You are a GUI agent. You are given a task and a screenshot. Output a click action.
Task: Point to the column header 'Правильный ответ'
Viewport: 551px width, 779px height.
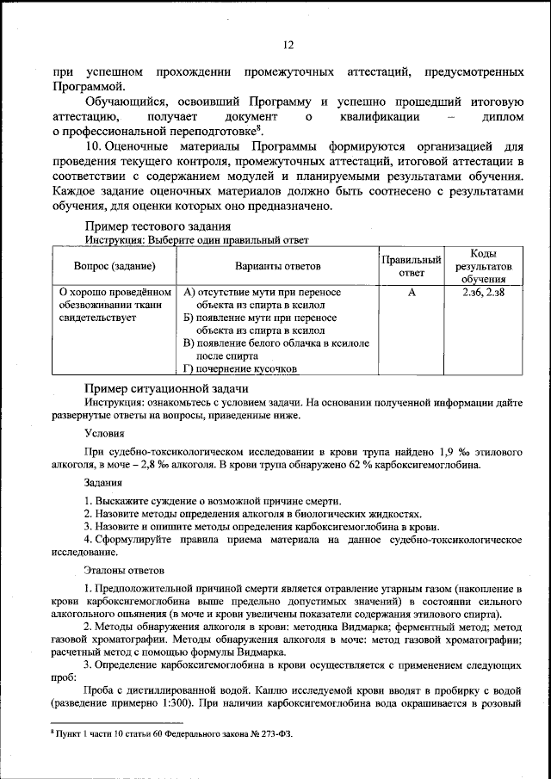tap(411, 266)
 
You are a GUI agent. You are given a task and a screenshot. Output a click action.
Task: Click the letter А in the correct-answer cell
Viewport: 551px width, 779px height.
tap(412, 293)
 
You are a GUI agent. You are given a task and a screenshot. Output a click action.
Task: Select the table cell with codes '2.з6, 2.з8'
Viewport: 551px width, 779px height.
tap(482, 293)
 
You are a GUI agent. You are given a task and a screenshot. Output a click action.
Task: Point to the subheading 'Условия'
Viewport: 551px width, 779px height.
tap(102, 433)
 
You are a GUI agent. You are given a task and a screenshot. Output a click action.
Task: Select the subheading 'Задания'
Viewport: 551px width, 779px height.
tap(102, 482)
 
